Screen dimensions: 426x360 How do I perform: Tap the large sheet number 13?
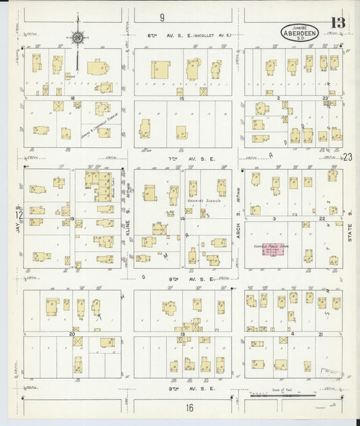click(337, 23)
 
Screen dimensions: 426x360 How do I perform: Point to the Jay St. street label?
click(19, 228)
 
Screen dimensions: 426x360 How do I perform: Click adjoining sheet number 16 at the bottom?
click(190, 407)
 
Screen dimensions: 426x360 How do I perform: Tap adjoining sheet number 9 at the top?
click(162, 17)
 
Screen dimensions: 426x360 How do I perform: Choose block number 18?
click(72, 99)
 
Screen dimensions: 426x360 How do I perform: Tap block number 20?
click(72, 334)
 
